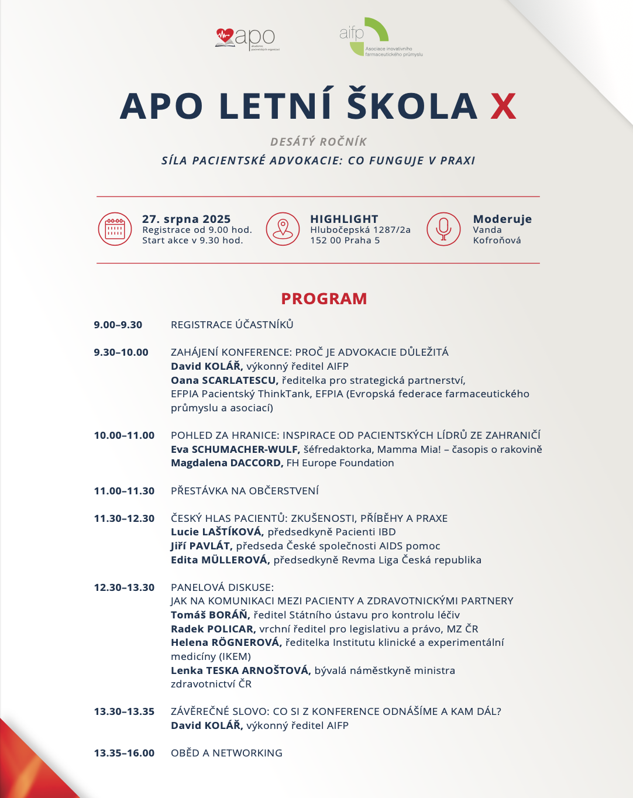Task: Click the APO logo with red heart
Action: (x=245, y=39)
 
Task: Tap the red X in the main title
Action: (x=503, y=106)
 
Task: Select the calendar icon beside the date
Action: (x=115, y=229)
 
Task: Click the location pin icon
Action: (x=283, y=229)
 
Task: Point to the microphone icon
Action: (x=443, y=229)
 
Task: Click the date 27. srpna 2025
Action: (x=186, y=219)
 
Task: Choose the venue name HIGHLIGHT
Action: (x=344, y=219)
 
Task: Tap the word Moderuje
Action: (x=502, y=219)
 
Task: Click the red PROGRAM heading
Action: (x=324, y=298)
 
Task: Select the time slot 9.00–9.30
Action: (x=118, y=325)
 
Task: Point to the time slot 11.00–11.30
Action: (x=124, y=491)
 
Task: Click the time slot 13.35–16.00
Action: (x=124, y=753)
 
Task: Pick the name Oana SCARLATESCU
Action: (x=225, y=380)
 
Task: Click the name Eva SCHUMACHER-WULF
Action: (x=235, y=449)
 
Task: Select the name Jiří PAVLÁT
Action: (x=202, y=546)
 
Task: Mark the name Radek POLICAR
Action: (x=213, y=629)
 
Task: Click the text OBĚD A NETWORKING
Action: (x=226, y=753)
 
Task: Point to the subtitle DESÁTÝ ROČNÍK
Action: (x=318, y=142)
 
